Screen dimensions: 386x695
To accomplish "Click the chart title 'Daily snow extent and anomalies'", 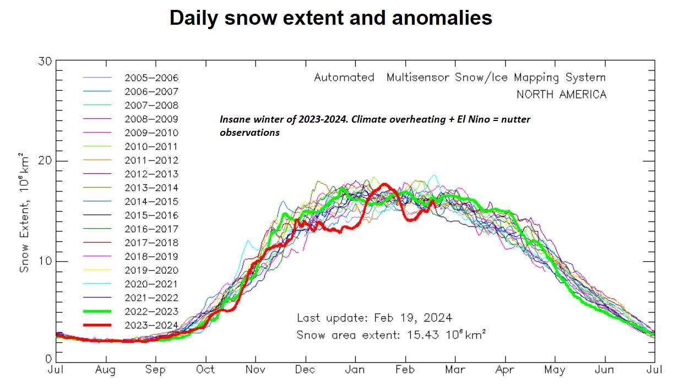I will click(x=330, y=18).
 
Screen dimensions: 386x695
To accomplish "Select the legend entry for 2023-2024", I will click(x=151, y=325).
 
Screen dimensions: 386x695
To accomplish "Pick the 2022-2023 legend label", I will click(x=151, y=311).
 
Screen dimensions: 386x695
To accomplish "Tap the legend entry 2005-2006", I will click(x=151, y=78).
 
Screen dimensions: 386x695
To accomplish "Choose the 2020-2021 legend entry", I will click(x=151, y=284).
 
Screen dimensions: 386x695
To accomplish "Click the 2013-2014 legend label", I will click(x=151, y=188).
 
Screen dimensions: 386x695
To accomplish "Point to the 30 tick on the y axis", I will click(x=45, y=61).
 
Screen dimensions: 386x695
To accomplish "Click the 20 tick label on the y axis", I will click(x=45, y=161).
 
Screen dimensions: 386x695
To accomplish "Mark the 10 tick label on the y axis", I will click(x=45, y=261).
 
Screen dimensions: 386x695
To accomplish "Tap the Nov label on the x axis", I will click(x=255, y=370).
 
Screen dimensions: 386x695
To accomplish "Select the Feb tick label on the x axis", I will click(x=405, y=370).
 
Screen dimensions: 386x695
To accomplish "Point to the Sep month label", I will click(x=156, y=370).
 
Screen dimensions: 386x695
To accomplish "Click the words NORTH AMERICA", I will click(x=561, y=95).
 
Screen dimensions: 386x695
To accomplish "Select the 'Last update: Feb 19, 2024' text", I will click(x=374, y=317).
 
